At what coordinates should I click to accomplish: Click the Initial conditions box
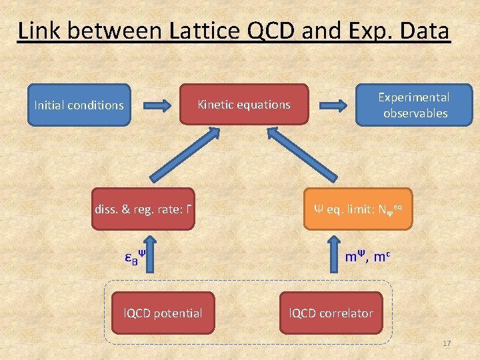[78, 105]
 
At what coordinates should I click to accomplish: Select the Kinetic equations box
[244, 104]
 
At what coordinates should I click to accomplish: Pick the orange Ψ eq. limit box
[358, 209]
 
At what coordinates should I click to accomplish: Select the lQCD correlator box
[331, 313]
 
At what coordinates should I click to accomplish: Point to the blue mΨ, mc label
[367, 257]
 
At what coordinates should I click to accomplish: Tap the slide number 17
[447, 343]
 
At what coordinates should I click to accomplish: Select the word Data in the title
[424, 31]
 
